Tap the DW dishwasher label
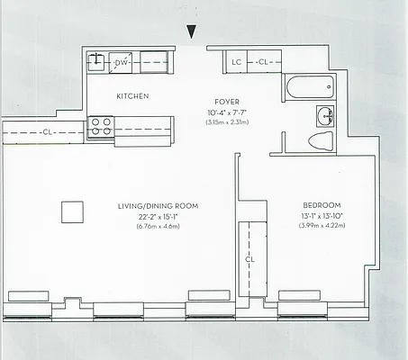(x=121, y=62)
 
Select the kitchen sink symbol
(x=96, y=61)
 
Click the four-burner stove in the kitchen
(x=99, y=127)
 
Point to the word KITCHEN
(x=131, y=95)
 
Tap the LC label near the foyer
(x=236, y=62)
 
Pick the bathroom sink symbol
(x=324, y=114)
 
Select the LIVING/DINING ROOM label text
(x=158, y=206)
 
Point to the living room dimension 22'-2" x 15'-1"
(x=158, y=216)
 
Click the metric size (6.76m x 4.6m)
(x=158, y=226)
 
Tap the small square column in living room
(x=72, y=211)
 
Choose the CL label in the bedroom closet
(x=249, y=261)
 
